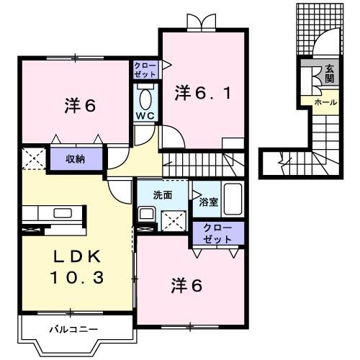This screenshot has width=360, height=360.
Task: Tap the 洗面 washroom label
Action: tap(162, 194)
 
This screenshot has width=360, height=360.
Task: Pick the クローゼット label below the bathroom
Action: tap(218, 233)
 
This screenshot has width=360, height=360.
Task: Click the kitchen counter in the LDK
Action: tap(54, 213)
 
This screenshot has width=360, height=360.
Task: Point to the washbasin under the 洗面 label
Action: tap(146, 213)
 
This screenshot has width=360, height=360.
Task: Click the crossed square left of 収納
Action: tap(34, 158)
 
